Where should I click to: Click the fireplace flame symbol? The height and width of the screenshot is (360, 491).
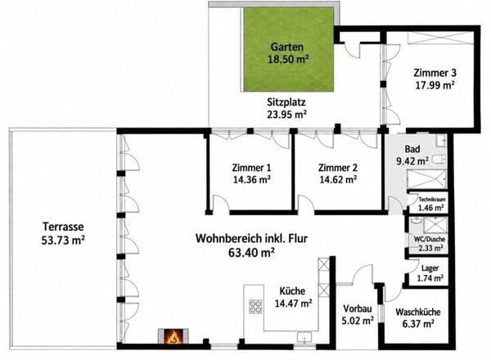coord(173,337)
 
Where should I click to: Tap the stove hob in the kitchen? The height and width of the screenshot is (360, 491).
coord(255,307)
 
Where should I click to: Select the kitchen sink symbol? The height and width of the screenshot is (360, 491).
coord(304,338)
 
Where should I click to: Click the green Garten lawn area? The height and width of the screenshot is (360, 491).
coord(288,49)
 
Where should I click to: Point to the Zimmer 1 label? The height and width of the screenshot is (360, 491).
coord(251,168)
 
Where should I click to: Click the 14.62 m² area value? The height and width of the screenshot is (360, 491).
coord(338,180)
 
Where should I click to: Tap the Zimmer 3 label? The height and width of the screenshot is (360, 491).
coord(435,73)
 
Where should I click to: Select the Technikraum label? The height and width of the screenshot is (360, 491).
coord(432,200)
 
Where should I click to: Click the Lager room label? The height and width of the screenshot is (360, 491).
coord(430,268)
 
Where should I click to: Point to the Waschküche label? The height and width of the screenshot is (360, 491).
coord(418,312)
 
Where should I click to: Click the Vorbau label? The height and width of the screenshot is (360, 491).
coord(358,308)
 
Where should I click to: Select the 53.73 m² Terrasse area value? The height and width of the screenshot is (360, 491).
coord(63,240)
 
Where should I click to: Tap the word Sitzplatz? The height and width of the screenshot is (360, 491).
coord(286,102)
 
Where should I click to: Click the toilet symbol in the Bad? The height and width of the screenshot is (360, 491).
coord(439,160)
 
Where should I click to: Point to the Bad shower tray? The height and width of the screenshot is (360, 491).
coord(426,179)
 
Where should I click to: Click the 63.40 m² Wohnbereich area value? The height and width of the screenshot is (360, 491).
coord(251,252)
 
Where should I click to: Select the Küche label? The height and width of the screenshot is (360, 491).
coord(292,291)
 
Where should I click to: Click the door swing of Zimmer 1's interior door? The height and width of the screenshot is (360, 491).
coord(221,203)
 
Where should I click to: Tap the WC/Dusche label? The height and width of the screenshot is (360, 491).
coord(430,239)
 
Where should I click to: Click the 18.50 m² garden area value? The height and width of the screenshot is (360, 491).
coord(287,59)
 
